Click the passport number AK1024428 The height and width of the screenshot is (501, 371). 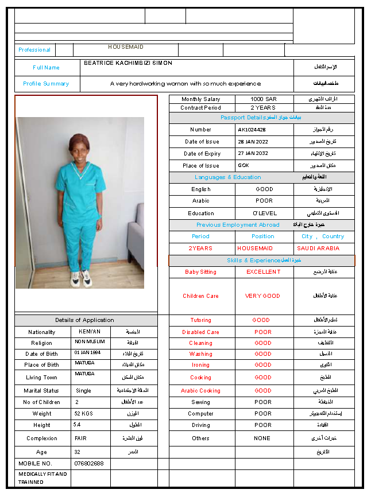click(x=252, y=130)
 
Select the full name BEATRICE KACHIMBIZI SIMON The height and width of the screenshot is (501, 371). click(x=128, y=63)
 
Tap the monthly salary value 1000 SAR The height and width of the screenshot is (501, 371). click(x=264, y=99)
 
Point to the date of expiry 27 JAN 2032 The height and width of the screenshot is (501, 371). click(x=253, y=154)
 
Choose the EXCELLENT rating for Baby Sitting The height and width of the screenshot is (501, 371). click(x=264, y=272)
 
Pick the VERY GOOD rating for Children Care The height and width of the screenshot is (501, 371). click(x=263, y=296)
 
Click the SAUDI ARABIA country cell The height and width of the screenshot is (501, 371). click(x=318, y=248)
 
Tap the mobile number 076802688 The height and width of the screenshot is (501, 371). click(x=89, y=463)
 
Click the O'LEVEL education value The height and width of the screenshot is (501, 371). click(x=264, y=213)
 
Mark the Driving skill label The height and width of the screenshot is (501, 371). click(x=201, y=425)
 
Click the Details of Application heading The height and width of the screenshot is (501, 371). click(x=84, y=320)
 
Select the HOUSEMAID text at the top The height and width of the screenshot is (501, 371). click(x=126, y=47)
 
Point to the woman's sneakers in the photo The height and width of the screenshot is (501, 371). click(x=80, y=279)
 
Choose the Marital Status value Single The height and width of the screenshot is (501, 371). click(x=83, y=391)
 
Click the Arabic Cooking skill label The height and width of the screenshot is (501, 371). click(x=201, y=391)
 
